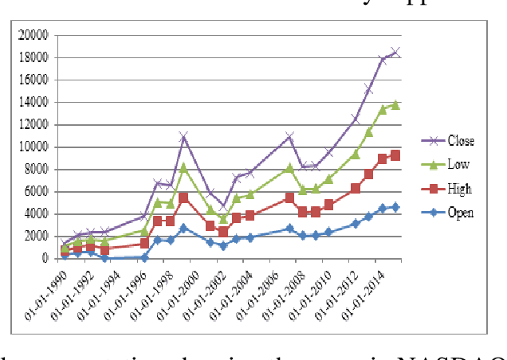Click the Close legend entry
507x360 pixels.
pos(459,141)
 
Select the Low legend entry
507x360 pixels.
pos(459,165)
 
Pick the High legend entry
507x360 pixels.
pos(459,189)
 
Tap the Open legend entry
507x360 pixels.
pos(459,213)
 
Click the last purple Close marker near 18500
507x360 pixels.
pos(395,52)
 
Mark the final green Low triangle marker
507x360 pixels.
pos(395,104)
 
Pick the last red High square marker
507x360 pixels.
pos(395,155)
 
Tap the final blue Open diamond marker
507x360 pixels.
pos(395,207)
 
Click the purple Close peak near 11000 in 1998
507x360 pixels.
pos(183,137)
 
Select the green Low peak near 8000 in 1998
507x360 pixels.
pos(183,167)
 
